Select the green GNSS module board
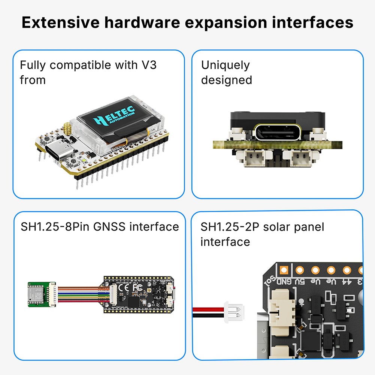pos(39,294)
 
